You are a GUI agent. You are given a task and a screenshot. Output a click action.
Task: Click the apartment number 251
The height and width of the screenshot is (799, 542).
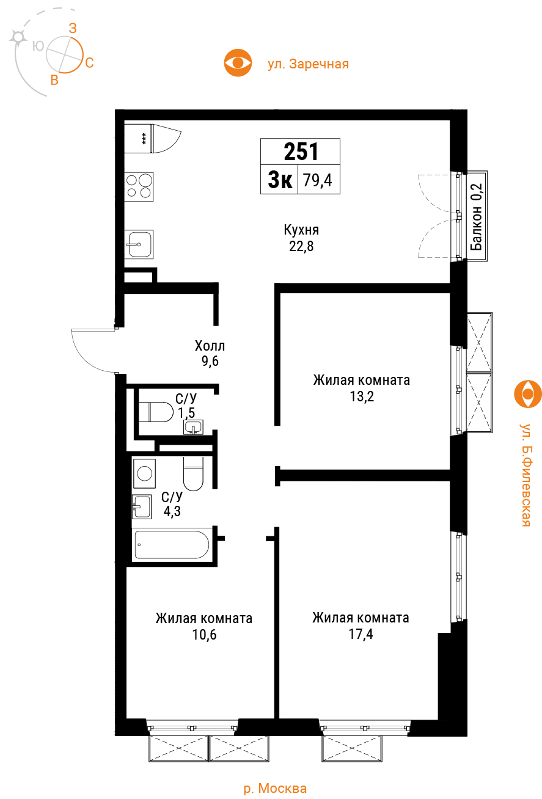click(x=301, y=151)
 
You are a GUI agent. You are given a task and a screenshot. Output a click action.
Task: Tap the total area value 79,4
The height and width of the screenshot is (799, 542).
click(x=318, y=180)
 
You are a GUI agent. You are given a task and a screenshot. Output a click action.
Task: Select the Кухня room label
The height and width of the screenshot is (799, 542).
click(x=301, y=230)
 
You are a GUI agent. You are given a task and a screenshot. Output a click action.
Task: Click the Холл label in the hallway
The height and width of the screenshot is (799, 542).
click(x=210, y=346)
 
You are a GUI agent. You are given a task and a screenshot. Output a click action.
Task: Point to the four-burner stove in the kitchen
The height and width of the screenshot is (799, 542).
click(x=139, y=186)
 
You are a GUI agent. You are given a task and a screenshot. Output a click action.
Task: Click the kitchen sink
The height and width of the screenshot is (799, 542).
click(x=139, y=244)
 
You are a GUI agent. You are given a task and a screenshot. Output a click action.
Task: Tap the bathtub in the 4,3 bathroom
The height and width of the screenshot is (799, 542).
click(x=172, y=545)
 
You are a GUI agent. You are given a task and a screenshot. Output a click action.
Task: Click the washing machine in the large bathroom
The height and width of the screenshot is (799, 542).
click(x=144, y=473)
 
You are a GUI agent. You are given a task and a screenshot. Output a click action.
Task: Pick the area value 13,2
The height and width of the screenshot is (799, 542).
click(x=362, y=396)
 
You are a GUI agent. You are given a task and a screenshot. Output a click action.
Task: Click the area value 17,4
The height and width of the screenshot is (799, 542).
click(x=361, y=634)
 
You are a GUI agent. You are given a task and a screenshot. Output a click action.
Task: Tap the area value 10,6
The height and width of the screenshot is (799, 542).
click(x=205, y=635)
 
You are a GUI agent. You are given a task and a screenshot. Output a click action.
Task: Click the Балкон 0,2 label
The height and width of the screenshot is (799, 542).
click(x=477, y=216)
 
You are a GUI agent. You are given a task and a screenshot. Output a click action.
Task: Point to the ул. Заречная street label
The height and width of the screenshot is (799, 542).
click(x=309, y=64)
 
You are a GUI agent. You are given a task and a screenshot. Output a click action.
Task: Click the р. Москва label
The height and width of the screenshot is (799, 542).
click(x=275, y=788)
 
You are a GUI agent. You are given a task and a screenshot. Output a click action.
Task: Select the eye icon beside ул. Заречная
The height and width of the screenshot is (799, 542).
click(x=238, y=63)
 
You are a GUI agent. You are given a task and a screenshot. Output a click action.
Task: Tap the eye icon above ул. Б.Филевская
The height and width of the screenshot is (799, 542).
click(x=528, y=394)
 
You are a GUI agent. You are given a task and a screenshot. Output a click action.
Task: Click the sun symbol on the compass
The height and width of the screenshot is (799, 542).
click(x=18, y=37)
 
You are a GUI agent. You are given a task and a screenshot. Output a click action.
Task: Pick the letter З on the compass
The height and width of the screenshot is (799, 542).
click(x=73, y=28)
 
